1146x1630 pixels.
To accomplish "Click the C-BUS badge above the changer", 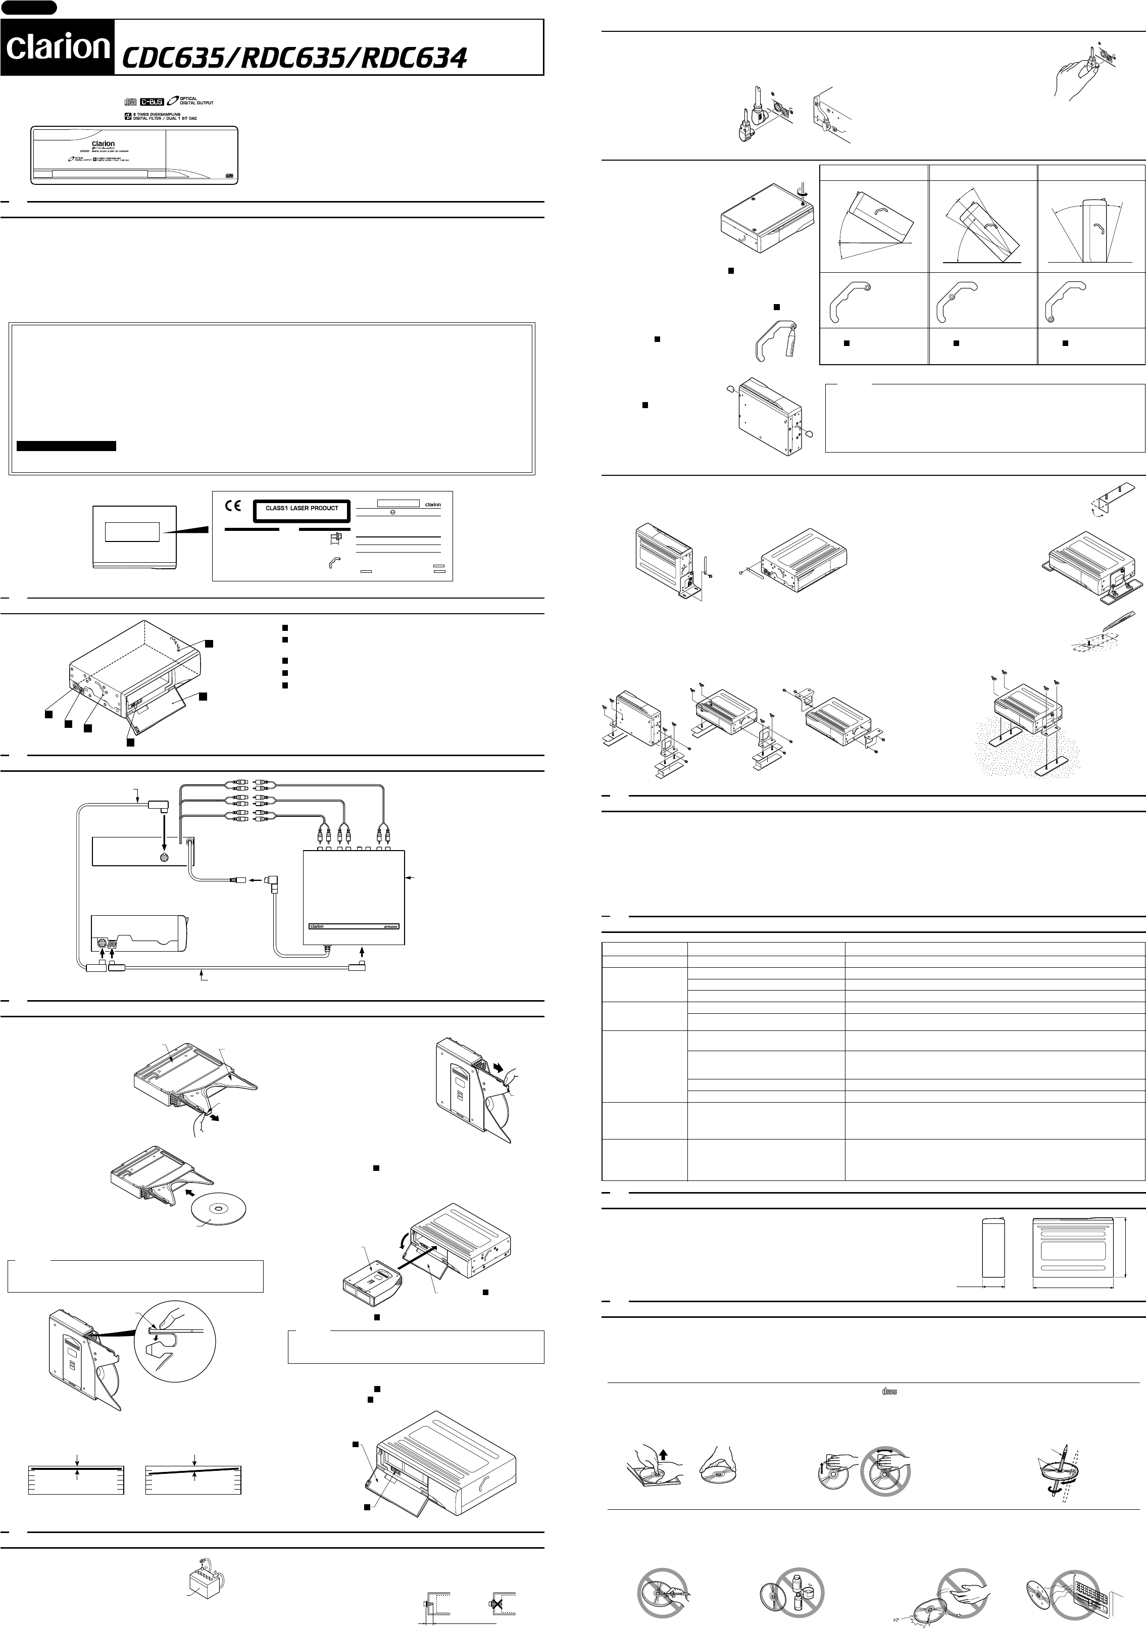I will [x=151, y=102].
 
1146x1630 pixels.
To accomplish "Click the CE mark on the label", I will [x=233, y=507].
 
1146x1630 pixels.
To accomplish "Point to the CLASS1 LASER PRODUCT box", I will [x=302, y=509].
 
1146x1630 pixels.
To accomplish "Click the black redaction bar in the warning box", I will [x=66, y=446].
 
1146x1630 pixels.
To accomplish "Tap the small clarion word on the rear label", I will [x=432, y=505].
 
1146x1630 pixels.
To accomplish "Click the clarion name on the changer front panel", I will [x=104, y=144].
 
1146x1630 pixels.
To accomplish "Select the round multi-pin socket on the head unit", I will [x=164, y=857].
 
